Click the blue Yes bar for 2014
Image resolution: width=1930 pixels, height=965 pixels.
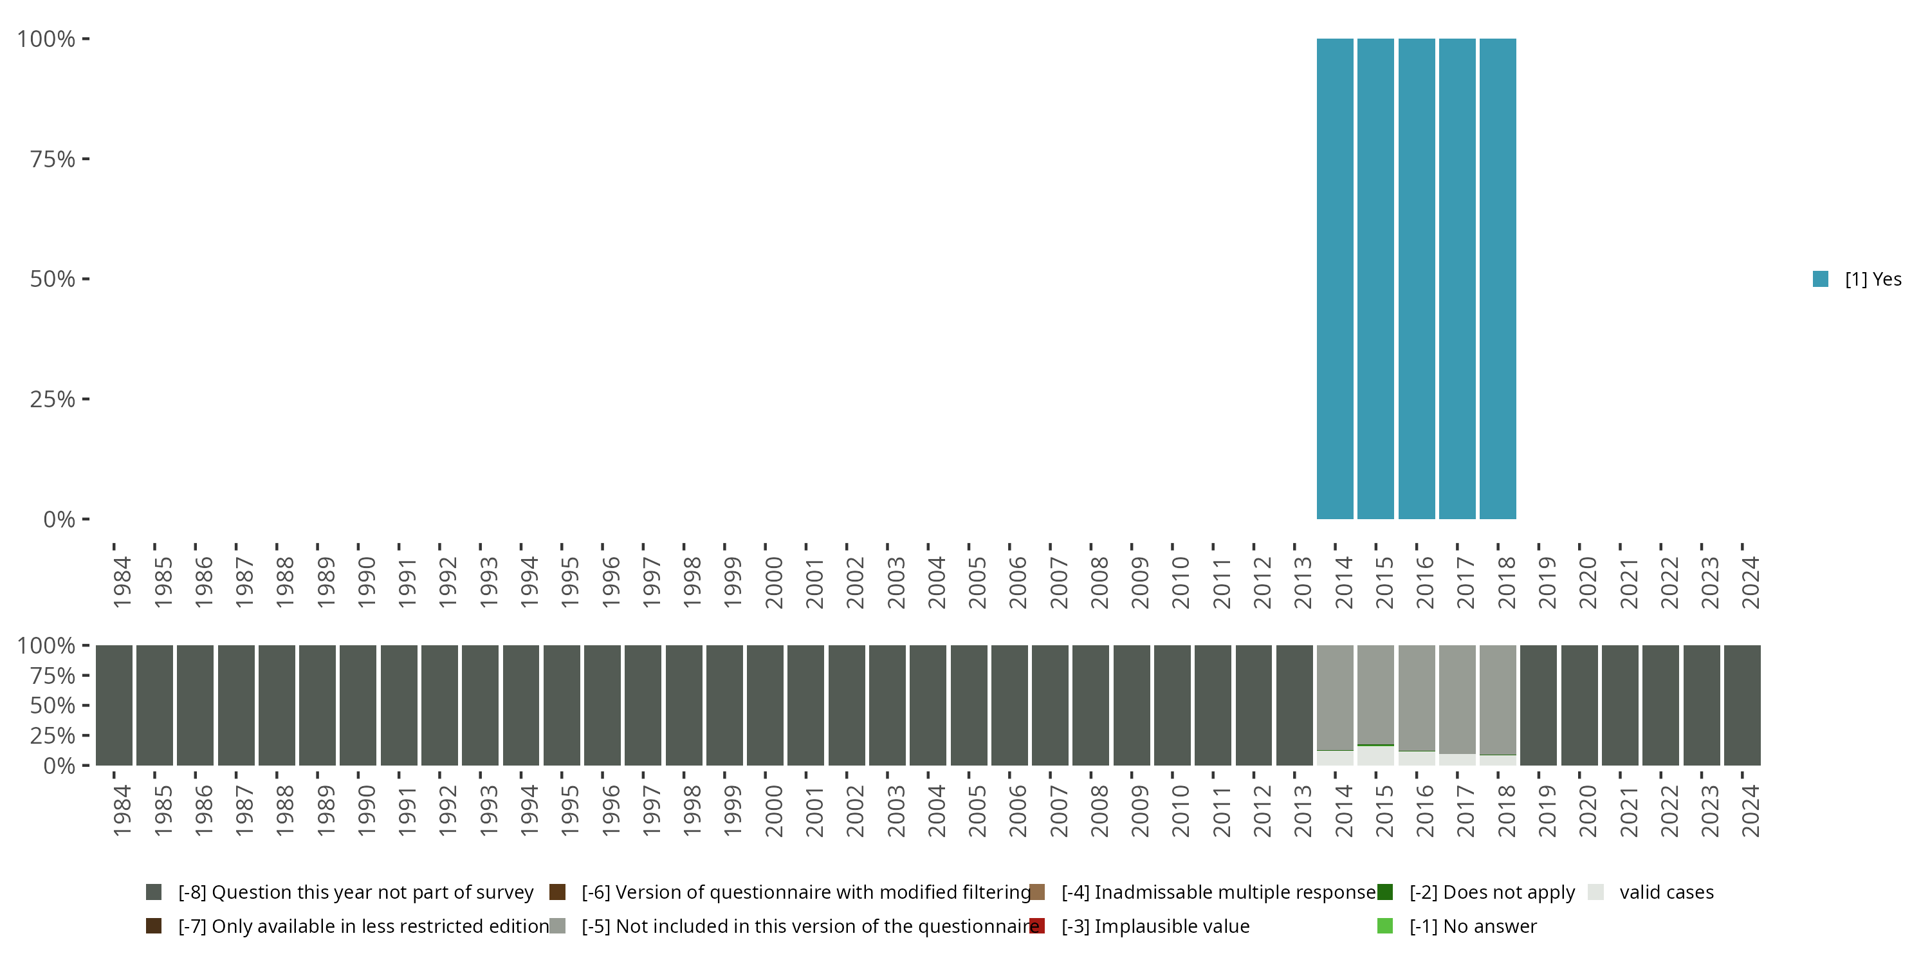pyautogui.click(x=1335, y=279)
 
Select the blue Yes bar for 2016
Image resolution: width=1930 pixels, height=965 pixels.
pyautogui.click(x=1417, y=279)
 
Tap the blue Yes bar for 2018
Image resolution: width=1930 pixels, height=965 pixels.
pyautogui.click(x=1498, y=279)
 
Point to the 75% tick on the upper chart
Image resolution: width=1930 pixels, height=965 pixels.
pyautogui.click(x=53, y=159)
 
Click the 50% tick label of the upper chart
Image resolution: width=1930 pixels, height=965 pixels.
pyautogui.click(x=53, y=279)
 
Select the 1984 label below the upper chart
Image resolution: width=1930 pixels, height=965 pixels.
pyautogui.click(x=122, y=582)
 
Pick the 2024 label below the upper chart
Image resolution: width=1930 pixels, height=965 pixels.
pyautogui.click(x=1750, y=582)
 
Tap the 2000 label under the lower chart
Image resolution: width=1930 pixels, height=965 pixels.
pyautogui.click(x=773, y=811)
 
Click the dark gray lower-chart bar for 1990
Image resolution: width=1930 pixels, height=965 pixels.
pyautogui.click(x=358, y=705)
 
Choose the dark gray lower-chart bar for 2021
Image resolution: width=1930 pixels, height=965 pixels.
pyautogui.click(x=1620, y=705)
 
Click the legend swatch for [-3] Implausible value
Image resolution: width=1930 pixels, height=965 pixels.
pyautogui.click(x=1038, y=926)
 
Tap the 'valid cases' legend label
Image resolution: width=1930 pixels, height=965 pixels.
pyautogui.click(x=1666, y=892)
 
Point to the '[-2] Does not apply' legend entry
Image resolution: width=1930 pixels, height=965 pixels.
pyautogui.click(x=1492, y=892)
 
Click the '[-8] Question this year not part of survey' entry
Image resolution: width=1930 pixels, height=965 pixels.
pyautogui.click(x=355, y=892)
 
